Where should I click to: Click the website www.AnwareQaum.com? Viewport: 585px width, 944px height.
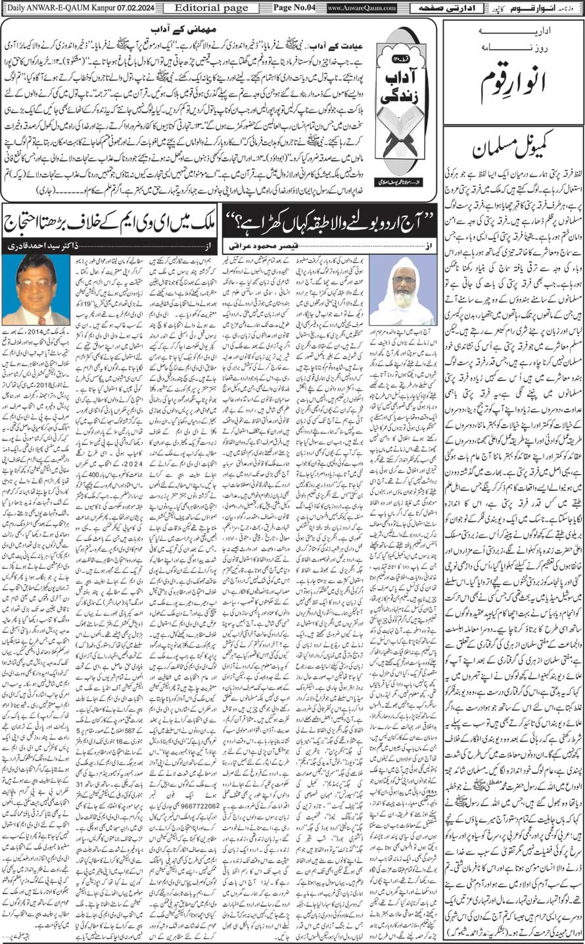coord(361,8)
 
